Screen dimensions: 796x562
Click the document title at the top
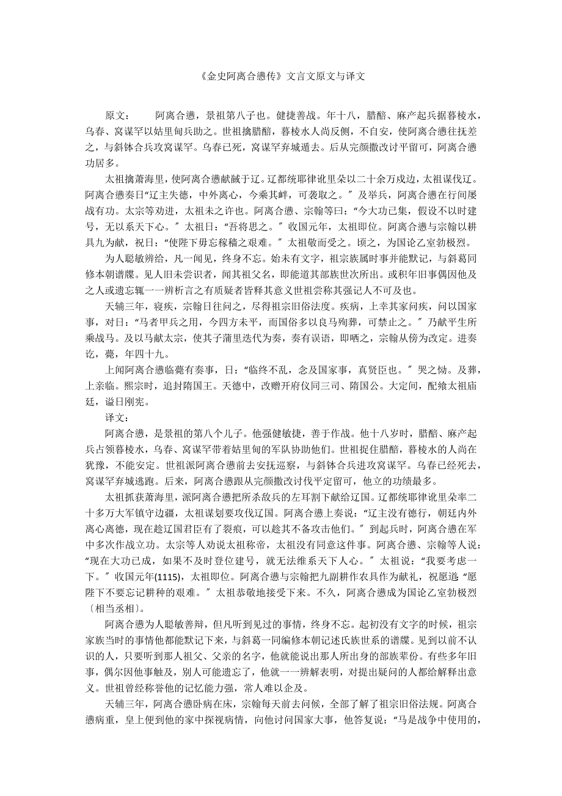(281, 77)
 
